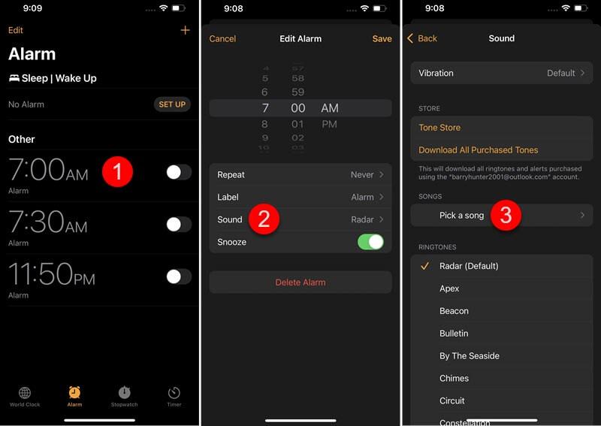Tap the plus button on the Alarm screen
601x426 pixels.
(x=185, y=30)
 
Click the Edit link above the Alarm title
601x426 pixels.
(x=16, y=30)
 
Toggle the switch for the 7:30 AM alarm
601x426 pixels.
(x=178, y=224)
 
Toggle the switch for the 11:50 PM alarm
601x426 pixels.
(x=178, y=276)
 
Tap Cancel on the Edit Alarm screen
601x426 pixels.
(x=222, y=38)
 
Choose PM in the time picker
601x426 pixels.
(x=329, y=124)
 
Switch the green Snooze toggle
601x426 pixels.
(x=370, y=242)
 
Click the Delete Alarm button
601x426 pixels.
(x=300, y=282)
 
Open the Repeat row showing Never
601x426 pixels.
(x=300, y=174)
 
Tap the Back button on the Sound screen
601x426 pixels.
(x=422, y=38)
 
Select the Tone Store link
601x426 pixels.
(x=439, y=128)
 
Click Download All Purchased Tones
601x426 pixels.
(x=478, y=150)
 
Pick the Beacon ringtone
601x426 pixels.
(x=454, y=311)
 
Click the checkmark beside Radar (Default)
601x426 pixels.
(x=425, y=266)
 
